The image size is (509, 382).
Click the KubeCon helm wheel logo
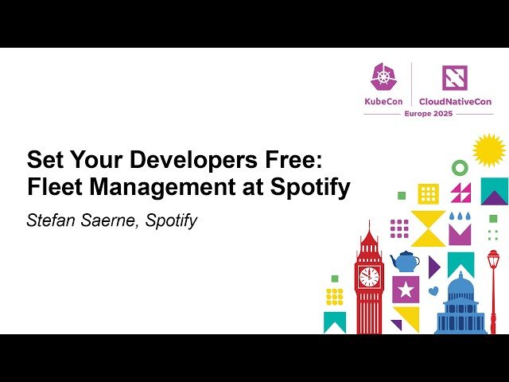[x=383, y=77]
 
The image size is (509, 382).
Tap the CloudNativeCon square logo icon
[x=456, y=77]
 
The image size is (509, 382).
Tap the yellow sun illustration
[x=488, y=150]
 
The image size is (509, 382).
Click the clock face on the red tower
[x=369, y=276]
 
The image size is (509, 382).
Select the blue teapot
[x=405, y=261]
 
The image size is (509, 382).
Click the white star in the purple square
[x=406, y=290]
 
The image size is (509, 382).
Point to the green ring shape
[x=460, y=168]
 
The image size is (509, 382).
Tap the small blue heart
[x=433, y=291]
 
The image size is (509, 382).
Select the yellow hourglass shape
[x=428, y=228]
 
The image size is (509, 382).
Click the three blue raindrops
[x=460, y=216]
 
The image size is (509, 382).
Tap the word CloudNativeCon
[x=456, y=102]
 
